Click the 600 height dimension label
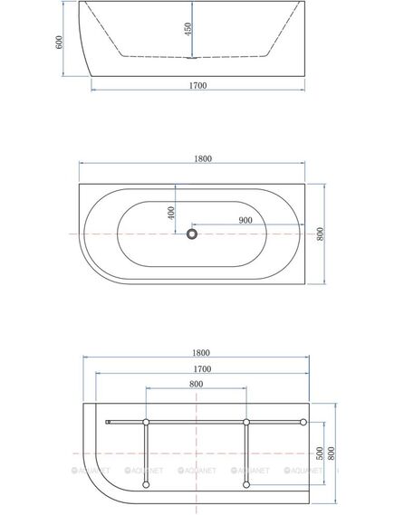(59, 42)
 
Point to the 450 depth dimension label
(188, 29)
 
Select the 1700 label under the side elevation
(197, 85)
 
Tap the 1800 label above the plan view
(203, 158)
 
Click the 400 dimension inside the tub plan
(171, 214)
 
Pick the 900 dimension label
(245, 220)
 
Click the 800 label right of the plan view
(321, 234)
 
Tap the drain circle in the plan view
(192, 234)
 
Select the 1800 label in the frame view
(201, 353)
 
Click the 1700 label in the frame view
(202, 369)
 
